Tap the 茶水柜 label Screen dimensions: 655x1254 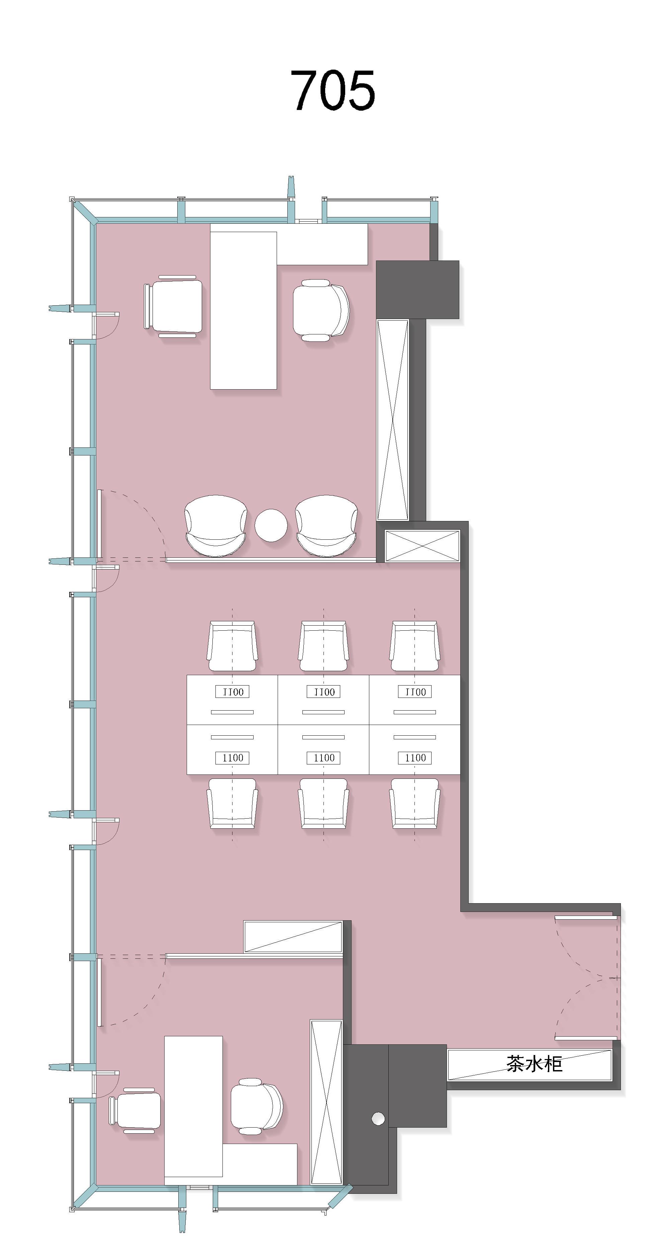[534, 1064]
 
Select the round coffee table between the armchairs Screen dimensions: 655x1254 [271, 525]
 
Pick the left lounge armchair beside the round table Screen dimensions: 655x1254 [216, 525]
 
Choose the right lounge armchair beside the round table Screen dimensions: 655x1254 [326, 525]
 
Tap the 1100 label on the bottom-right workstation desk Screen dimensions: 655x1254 [415, 757]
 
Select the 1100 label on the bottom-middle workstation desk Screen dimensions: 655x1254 [324, 757]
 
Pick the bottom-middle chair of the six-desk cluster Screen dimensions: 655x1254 [324, 803]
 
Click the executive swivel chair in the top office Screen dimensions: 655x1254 [321, 310]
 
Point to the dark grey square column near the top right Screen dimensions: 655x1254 [417, 290]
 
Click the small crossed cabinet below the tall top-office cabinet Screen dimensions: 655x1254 [422, 546]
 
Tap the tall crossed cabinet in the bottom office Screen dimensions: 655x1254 [326, 1102]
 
